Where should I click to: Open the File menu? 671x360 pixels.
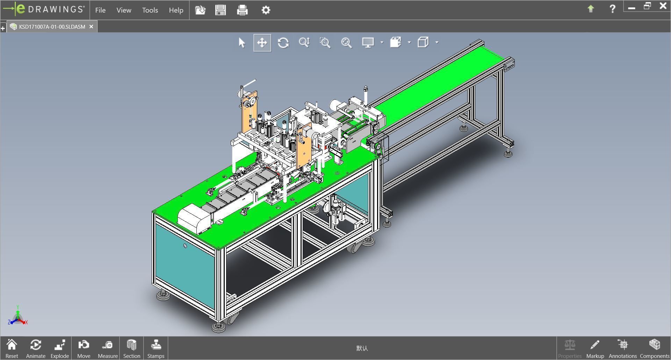100,10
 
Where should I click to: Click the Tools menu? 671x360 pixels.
150,10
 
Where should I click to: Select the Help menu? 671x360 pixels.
176,10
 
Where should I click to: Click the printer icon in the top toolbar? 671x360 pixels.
242,10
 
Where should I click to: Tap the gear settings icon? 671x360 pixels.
266,10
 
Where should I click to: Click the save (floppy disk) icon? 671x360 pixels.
221,10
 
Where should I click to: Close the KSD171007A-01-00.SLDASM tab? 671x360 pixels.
91,27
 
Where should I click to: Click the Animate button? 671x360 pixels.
36,348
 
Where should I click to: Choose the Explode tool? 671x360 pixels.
60,348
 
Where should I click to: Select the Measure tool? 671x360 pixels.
108,348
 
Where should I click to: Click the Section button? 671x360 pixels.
131,348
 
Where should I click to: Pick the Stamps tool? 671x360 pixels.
156,348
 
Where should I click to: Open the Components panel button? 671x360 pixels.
654,348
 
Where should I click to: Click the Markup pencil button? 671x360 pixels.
595,348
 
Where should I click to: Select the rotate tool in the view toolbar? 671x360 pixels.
283,43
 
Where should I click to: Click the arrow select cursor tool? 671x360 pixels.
242,43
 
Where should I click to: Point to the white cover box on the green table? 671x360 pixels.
194,218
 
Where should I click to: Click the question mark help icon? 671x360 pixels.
612,9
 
